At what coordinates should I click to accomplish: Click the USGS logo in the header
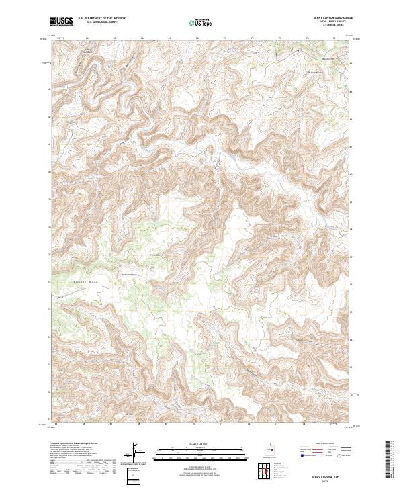[x=62, y=22]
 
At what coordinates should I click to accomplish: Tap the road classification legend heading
[x=328, y=444]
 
